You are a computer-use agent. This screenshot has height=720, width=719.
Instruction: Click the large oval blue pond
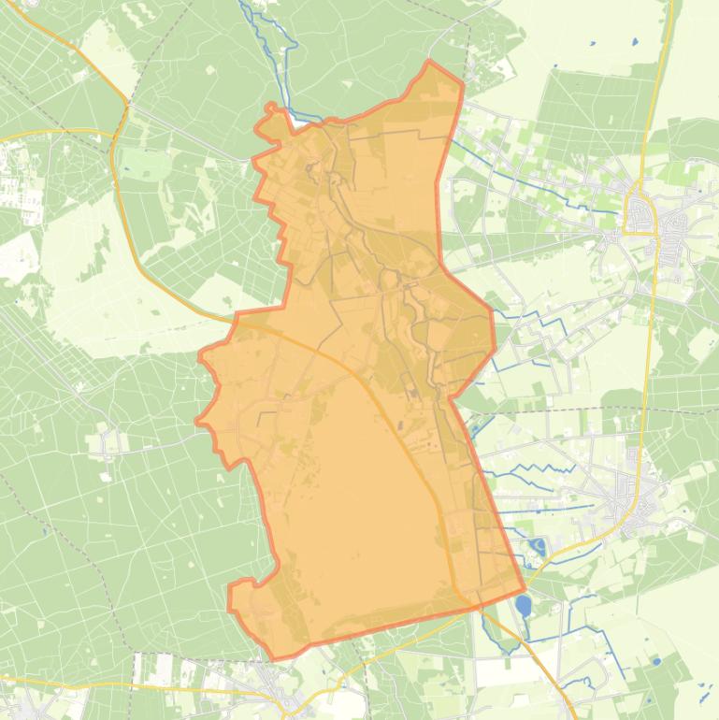pos(523,606)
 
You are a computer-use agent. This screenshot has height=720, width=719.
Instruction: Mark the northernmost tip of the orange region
pos(429,62)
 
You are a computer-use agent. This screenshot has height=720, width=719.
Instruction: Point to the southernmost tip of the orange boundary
pos(274,659)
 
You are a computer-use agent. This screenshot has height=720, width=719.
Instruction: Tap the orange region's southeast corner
pos(524,591)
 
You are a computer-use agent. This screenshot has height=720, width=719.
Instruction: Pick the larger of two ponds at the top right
pos(633,41)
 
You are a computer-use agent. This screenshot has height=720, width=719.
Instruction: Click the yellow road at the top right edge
pos(666,37)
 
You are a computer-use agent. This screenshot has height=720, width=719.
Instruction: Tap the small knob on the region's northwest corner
pos(273,109)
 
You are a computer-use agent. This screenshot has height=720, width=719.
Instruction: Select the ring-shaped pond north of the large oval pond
pos(538,547)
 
